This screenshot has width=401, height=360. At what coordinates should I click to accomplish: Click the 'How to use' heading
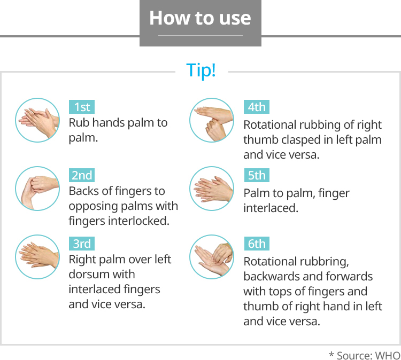pos(200,18)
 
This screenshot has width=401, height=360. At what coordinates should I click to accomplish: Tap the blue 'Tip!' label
pos(201,71)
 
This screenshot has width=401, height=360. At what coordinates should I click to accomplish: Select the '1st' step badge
pos(82,107)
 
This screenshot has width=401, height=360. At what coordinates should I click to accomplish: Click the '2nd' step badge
pos(82,175)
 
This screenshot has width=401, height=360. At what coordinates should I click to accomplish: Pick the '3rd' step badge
pos(82,244)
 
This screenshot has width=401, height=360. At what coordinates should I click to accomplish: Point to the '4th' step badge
pos(257,107)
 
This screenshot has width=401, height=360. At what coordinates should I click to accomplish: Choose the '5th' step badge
pos(257,175)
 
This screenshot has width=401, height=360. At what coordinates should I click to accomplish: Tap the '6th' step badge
pos(257,244)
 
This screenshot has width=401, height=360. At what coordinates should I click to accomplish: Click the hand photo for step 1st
pos(37,120)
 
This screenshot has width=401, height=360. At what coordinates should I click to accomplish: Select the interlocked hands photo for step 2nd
pos(37,189)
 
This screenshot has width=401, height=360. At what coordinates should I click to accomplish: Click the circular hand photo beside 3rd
pos(37,257)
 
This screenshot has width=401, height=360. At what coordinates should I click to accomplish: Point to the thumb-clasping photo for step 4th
pos(212,120)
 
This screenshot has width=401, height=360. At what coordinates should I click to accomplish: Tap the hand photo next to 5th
pos(212,189)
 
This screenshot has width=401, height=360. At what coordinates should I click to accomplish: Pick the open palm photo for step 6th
pos(212,257)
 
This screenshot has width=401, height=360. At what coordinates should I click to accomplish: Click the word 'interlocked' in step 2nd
pos(138,221)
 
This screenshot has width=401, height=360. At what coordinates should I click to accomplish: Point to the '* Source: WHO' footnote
pos(365,355)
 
